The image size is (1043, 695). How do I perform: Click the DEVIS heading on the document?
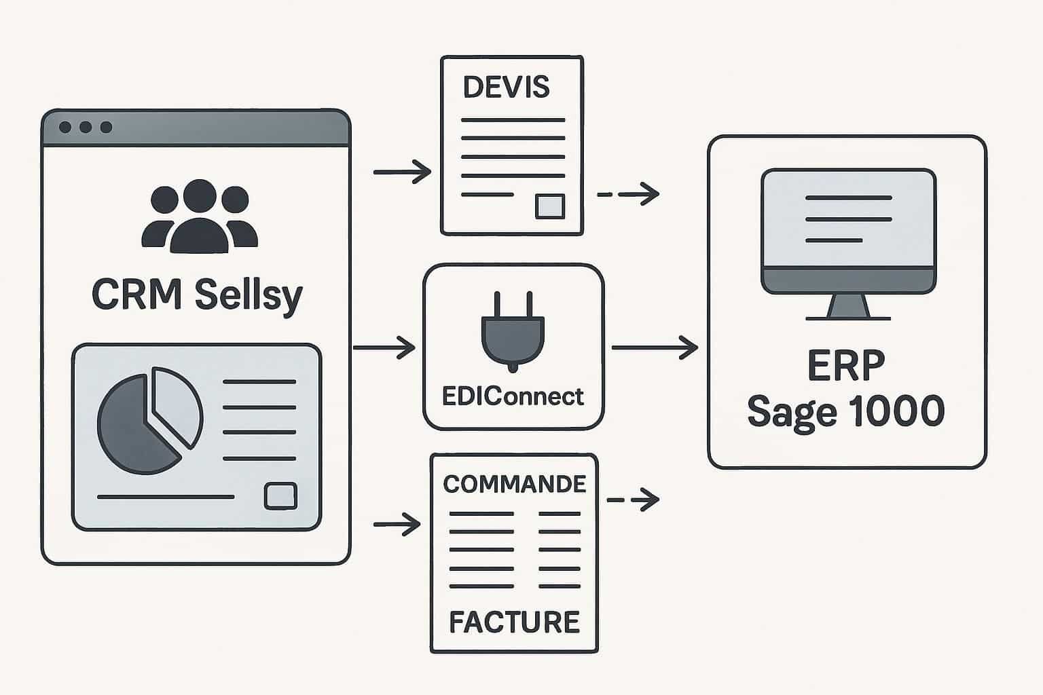coord(506,88)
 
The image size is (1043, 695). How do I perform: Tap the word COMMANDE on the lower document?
coord(514,484)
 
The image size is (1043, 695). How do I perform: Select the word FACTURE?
coord(514,622)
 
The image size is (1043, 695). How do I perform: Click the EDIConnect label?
coord(513,396)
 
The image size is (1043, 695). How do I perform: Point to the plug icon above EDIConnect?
coord(513,332)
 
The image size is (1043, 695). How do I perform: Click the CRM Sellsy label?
coord(197,295)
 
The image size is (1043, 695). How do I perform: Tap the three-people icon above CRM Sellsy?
coord(199,217)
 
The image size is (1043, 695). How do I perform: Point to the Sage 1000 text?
coord(846,411)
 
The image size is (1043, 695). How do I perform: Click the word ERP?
coord(846,367)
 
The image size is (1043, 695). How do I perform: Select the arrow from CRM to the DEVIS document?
coord(402,172)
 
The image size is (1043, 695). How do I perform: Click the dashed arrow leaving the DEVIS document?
coord(627,195)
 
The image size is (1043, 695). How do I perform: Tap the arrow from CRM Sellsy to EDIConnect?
coord(384,348)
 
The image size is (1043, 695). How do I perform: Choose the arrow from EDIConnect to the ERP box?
coord(655,348)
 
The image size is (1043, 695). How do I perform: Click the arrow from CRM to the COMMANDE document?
coord(397,525)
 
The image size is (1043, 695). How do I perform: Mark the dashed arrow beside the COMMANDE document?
coord(632,500)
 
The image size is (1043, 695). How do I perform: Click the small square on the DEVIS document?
coord(549,206)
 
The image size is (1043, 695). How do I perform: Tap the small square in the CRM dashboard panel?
coord(280,495)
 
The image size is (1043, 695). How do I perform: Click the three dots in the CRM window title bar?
coord(86,128)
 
